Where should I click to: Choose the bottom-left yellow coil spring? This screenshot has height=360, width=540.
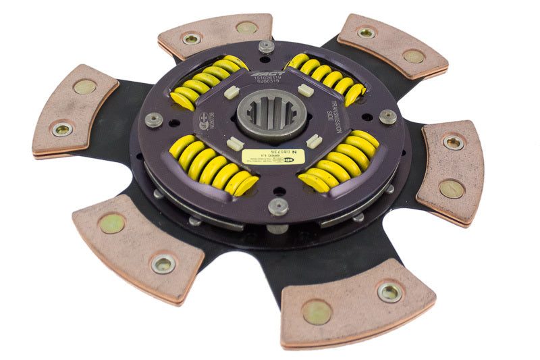[211, 165]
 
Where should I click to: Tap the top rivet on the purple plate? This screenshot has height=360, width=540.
[267, 47]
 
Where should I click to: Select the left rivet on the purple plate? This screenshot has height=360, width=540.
[154, 120]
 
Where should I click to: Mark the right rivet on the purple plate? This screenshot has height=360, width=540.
[387, 116]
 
